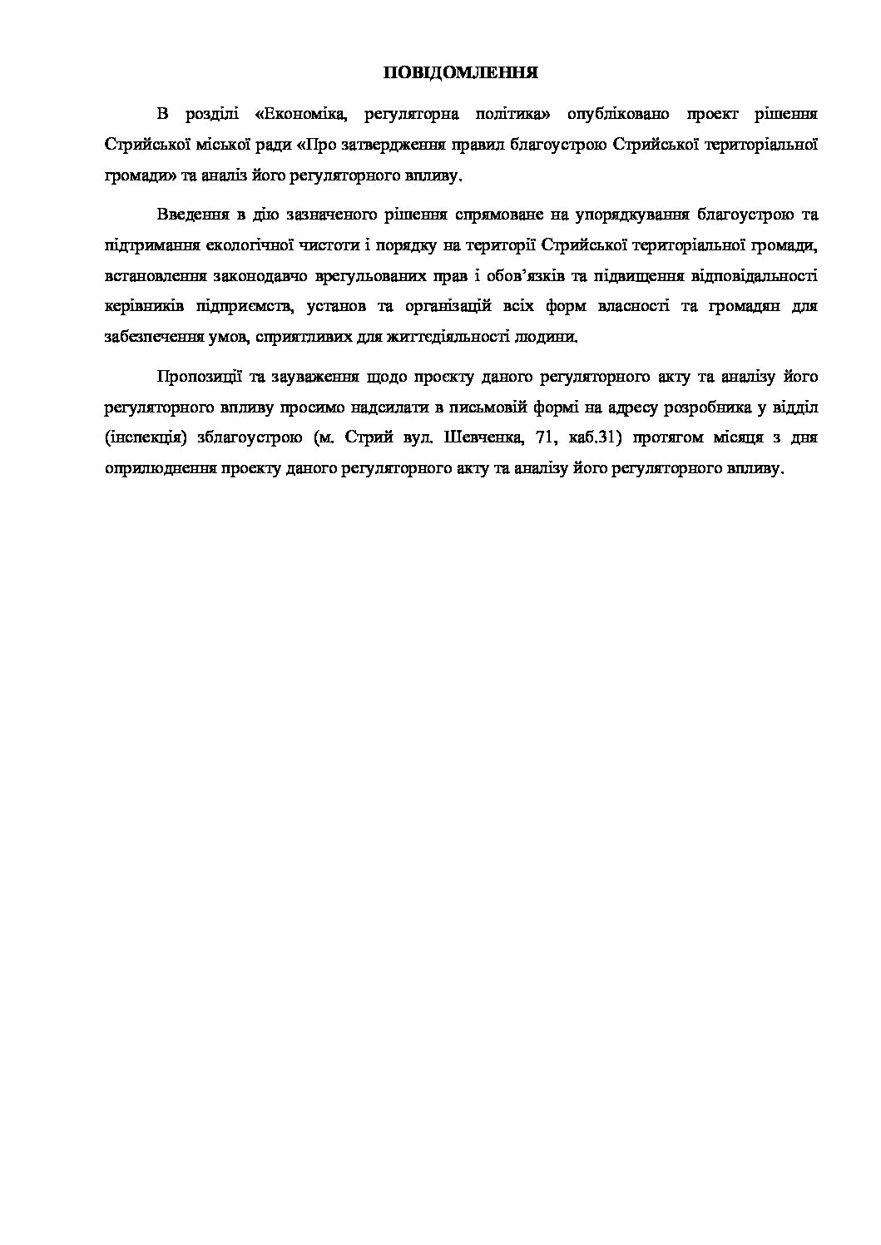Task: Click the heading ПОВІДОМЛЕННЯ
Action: coord(459,73)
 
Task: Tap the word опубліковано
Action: coord(616,114)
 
